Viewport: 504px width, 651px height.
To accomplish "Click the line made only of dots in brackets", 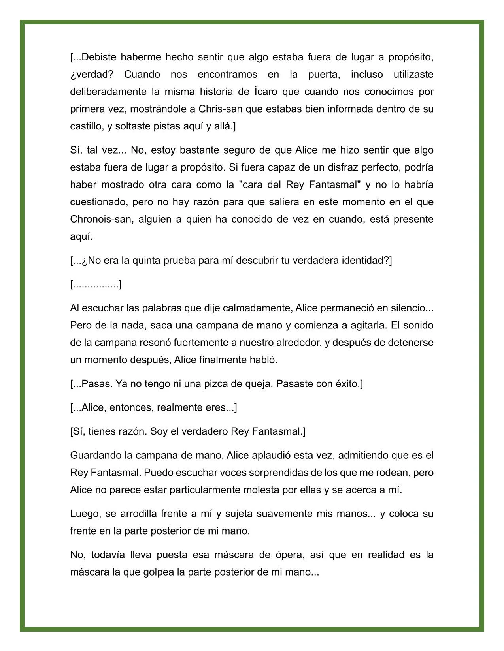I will tap(96, 284).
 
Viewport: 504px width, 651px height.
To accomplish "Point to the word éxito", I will tap(346, 384).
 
